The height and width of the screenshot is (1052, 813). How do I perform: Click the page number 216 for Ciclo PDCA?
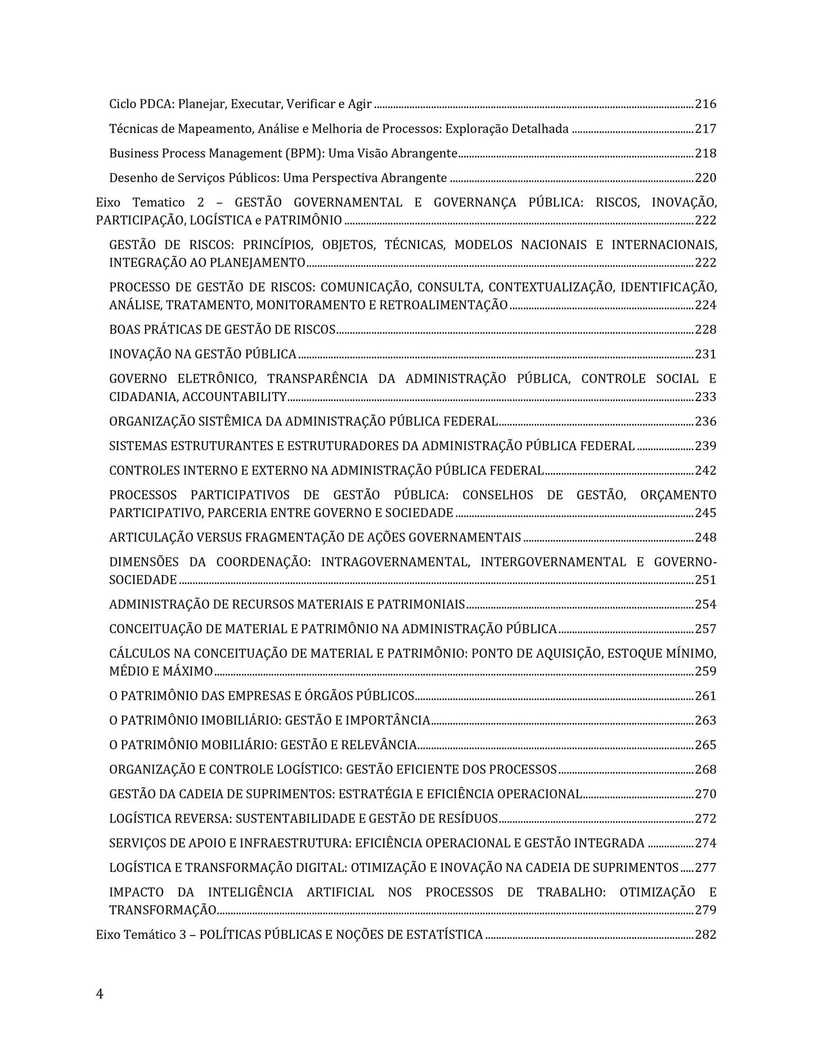pos(706,104)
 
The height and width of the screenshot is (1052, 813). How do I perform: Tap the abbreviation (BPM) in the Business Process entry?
pos(304,154)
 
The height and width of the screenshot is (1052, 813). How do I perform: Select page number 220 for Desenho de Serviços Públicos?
pos(706,178)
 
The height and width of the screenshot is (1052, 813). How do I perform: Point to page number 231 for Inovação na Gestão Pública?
pos(706,354)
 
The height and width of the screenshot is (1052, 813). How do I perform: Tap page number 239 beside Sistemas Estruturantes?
pos(706,446)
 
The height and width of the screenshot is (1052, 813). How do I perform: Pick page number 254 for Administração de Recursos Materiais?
pos(706,605)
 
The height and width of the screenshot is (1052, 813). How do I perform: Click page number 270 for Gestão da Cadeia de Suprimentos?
pos(706,794)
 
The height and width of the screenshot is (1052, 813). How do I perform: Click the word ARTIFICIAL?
pos(340,893)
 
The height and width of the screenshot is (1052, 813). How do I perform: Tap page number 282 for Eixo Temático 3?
pos(706,935)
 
